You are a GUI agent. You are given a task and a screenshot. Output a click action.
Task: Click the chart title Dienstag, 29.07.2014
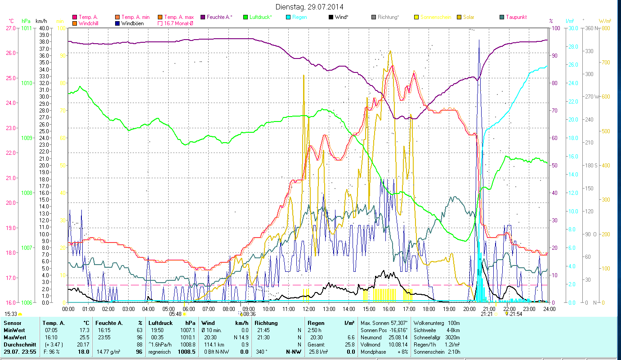point(310,7)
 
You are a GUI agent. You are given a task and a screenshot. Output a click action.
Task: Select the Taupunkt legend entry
point(516,17)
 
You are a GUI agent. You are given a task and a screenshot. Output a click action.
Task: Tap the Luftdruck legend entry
point(261,17)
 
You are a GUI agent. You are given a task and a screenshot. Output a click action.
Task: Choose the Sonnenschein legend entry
point(435,17)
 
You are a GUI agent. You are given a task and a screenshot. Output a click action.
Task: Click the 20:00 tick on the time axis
point(469,309)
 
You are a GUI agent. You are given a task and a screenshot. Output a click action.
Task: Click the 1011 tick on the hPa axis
point(27,28)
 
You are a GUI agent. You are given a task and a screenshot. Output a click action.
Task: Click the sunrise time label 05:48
point(175,314)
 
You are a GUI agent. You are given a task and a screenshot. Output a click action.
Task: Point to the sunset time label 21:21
point(486,314)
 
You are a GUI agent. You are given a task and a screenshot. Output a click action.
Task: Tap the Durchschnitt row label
point(19,344)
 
